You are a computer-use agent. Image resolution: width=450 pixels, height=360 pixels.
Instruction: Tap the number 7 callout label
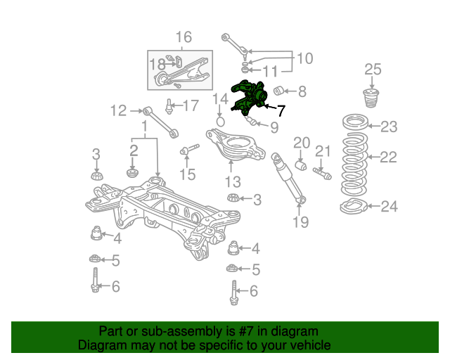[281, 110]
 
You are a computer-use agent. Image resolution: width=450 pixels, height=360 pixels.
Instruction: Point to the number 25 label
[373, 69]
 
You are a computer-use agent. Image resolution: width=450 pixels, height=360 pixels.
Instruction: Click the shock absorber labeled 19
[290, 180]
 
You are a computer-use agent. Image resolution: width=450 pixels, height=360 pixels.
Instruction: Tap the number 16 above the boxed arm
[183, 37]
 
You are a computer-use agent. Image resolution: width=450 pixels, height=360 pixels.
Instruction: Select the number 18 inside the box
[156, 65]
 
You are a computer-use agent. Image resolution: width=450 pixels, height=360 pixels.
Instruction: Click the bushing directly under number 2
[131, 172]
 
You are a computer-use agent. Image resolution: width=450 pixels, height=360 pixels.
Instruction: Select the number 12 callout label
[118, 110]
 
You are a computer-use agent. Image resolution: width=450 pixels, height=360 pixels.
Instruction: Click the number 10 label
[304, 58]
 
